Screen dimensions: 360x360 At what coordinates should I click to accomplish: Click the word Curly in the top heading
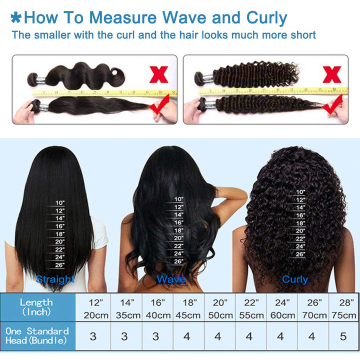[x=267, y=18]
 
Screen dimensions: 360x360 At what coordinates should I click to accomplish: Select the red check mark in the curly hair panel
[x=332, y=105]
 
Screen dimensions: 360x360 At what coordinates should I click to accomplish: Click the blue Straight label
[x=55, y=279]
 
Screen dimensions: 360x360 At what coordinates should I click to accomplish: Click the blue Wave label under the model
[x=171, y=279]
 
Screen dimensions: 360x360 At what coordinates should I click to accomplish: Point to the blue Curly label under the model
[x=295, y=279]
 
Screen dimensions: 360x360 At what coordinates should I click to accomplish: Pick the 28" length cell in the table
[x=343, y=302]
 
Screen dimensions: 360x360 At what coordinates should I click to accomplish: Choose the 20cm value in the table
[x=93, y=315]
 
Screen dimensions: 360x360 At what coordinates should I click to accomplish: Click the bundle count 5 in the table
[x=343, y=336]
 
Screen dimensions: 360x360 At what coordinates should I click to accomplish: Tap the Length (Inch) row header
[x=36, y=307]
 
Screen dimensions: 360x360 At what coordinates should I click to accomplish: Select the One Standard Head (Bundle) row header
[x=37, y=336]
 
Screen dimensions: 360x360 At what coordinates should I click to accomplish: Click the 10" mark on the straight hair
[x=60, y=202]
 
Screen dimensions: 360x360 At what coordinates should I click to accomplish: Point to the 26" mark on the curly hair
[x=300, y=254]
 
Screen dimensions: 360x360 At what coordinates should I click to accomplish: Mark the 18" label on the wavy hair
[x=178, y=230]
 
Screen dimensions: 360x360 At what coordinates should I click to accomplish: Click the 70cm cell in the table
[x=311, y=315]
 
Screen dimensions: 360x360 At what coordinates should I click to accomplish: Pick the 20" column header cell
[x=218, y=302]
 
